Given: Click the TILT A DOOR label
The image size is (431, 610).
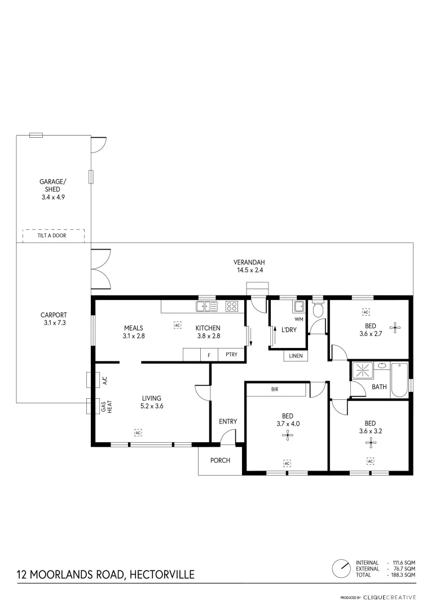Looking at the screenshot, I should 52,236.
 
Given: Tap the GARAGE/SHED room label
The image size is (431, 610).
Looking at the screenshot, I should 52,189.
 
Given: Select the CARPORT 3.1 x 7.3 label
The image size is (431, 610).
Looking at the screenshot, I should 54,319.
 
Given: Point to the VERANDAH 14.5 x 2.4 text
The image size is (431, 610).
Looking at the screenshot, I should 249,266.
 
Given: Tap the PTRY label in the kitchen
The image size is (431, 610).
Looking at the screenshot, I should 231,355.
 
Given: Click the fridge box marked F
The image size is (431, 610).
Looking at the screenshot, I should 209,355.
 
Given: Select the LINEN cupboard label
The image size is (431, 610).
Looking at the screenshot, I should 296,356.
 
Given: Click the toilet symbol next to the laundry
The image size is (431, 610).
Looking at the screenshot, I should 317,310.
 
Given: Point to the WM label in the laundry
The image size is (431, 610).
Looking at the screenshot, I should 298,319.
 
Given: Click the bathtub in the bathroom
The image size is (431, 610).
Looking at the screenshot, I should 398,380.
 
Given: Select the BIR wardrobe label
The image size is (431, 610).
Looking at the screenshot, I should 275,389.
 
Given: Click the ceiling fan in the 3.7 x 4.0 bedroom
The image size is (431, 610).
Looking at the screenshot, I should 287,435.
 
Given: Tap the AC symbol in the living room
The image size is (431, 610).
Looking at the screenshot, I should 138,433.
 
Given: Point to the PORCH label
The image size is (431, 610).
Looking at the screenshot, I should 220,460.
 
